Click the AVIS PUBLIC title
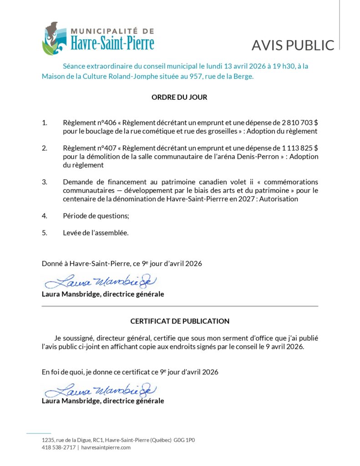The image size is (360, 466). coord(293,45)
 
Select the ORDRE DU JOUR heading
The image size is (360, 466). coord(179,97)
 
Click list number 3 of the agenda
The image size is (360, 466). coord(45,182)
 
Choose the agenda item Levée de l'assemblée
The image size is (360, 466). coord(96,233)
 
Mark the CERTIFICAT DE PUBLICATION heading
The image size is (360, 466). coord(180,321)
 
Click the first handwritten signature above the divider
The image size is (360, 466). coord(101,282)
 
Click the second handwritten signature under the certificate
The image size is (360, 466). coord(101,390)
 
